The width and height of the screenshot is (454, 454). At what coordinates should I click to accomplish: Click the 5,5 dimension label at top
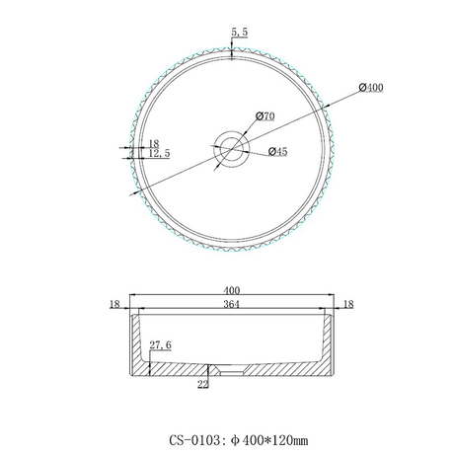[238, 32]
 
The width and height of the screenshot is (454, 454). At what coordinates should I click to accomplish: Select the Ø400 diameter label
[370, 88]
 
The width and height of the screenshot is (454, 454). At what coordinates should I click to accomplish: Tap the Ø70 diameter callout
[264, 115]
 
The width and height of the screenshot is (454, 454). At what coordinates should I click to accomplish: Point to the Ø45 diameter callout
[278, 151]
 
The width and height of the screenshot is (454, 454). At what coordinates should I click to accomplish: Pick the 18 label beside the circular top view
[153, 144]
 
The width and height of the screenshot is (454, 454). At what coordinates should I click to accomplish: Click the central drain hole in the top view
[233, 149]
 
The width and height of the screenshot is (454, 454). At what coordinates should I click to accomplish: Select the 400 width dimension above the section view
[233, 290]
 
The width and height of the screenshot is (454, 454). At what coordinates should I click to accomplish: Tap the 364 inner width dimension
[233, 306]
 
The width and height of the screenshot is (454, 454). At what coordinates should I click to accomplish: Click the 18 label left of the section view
[114, 306]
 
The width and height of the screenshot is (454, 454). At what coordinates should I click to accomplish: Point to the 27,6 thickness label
[161, 346]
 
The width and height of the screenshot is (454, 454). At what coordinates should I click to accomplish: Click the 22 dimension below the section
[204, 385]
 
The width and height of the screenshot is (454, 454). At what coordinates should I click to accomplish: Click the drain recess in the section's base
[233, 372]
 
